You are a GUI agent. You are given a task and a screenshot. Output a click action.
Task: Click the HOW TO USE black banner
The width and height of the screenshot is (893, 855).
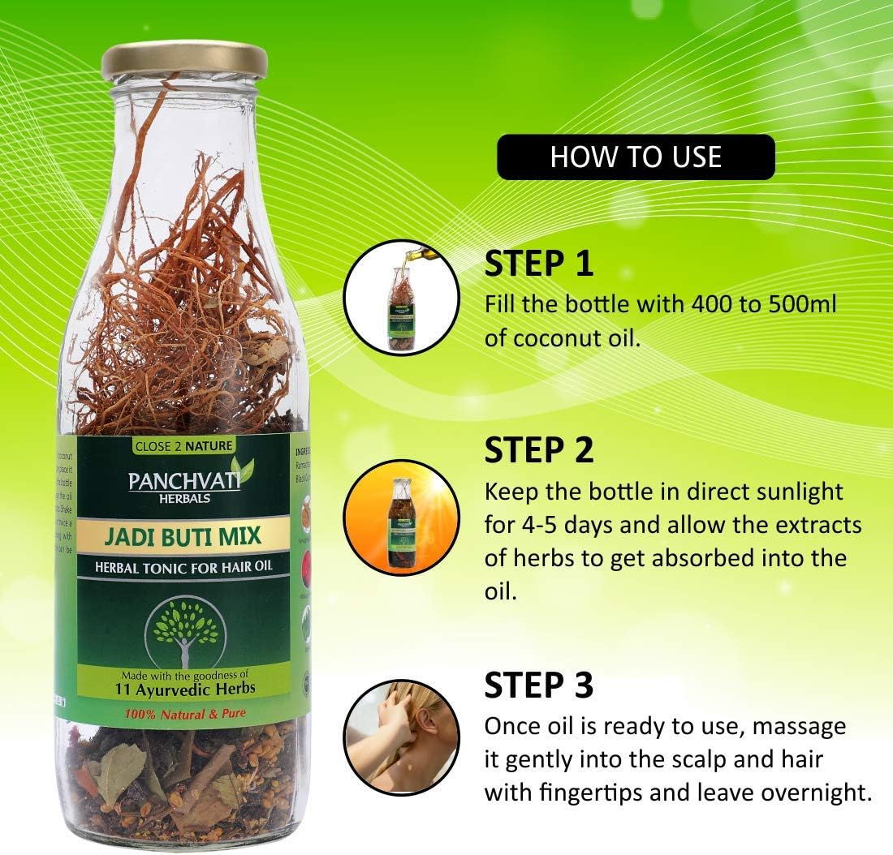(636, 157)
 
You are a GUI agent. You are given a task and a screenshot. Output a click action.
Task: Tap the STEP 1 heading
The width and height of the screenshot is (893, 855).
(539, 264)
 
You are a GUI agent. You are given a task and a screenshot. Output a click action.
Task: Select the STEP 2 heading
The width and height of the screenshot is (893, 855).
(539, 449)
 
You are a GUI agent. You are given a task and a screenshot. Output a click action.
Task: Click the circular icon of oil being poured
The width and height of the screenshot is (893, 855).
(402, 297)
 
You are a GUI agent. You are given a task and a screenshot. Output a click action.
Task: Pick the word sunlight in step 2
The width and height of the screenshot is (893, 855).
(785, 492)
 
